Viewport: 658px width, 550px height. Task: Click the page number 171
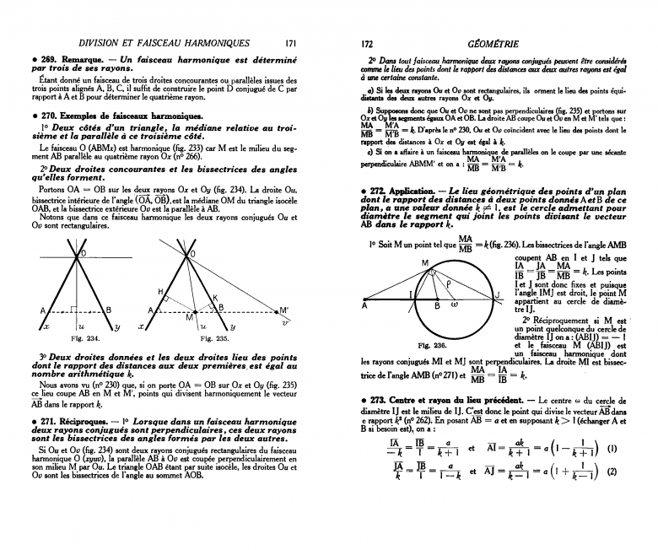click(290, 42)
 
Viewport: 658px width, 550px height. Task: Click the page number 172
click(367, 42)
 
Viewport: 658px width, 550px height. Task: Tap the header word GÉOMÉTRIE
click(493, 42)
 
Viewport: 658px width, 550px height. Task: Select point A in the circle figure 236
click(364, 308)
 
